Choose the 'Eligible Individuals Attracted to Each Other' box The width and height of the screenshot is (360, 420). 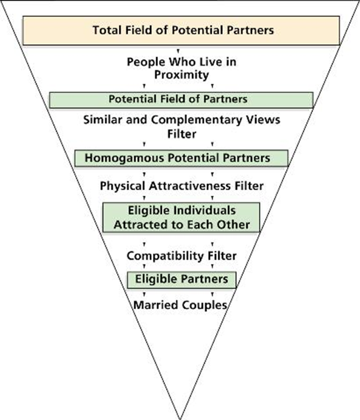(181, 217)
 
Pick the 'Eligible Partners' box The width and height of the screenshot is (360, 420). (181, 279)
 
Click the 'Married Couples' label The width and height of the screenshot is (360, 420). (180, 305)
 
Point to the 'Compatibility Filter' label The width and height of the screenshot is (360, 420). (181, 256)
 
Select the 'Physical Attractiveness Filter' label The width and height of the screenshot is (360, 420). (181, 185)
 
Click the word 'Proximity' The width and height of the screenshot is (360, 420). (181, 74)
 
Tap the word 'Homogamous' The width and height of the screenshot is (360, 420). (119, 158)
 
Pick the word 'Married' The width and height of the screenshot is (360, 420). (153, 305)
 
